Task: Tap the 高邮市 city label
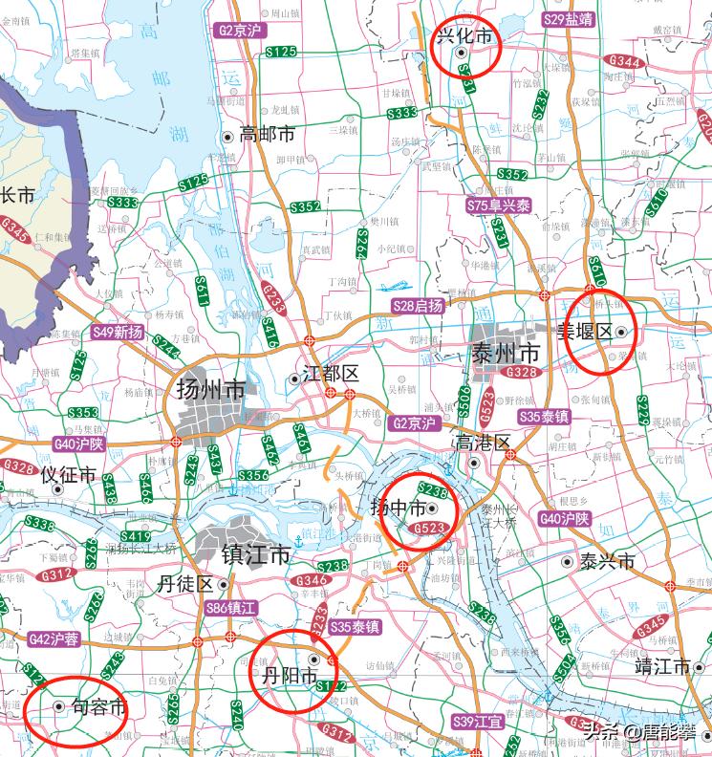click(x=267, y=134)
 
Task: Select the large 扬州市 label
click(x=210, y=389)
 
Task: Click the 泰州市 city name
click(x=505, y=353)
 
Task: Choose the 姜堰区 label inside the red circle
click(x=585, y=332)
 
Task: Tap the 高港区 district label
click(x=484, y=442)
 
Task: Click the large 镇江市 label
click(x=256, y=554)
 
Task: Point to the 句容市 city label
click(x=98, y=707)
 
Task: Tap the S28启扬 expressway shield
click(x=419, y=306)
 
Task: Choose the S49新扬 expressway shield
click(x=118, y=332)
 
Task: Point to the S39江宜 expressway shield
click(x=478, y=720)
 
